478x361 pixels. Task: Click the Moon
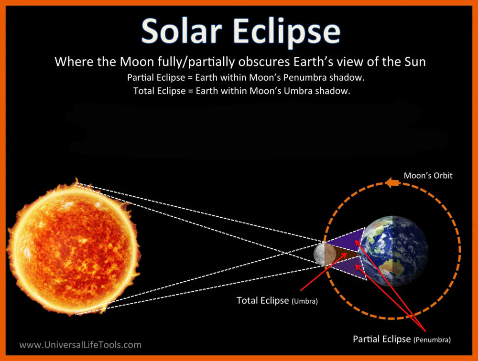(325, 254)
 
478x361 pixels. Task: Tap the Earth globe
(393, 251)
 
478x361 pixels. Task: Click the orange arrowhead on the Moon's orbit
(392, 183)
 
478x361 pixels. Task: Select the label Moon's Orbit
(428, 175)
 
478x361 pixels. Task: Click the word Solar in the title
(182, 31)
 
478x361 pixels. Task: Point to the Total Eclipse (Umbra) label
(277, 301)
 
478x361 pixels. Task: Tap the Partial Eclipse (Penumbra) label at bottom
(402, 340)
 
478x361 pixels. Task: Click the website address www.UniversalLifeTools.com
(80, 345)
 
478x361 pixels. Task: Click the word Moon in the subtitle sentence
(137, 62)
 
